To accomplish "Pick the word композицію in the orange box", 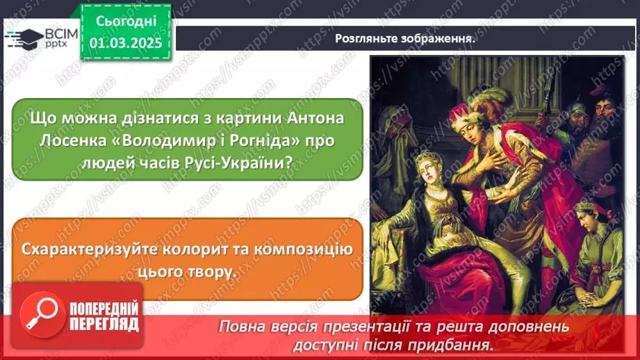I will click(x=306, y=249).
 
